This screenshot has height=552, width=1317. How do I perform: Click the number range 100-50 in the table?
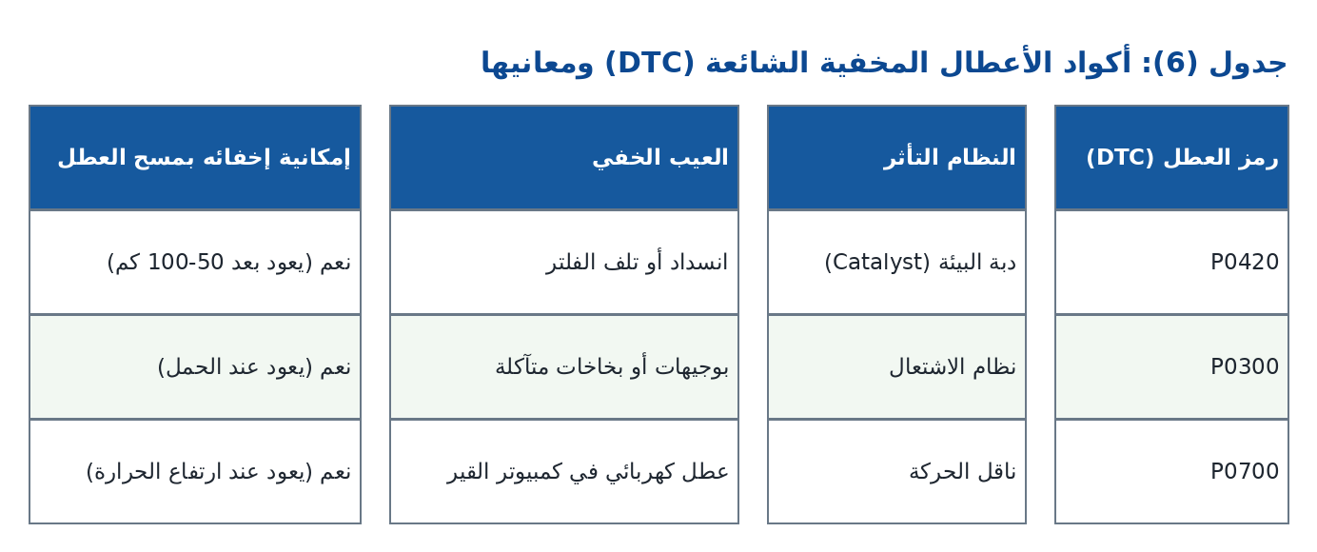(x=186, y=262)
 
